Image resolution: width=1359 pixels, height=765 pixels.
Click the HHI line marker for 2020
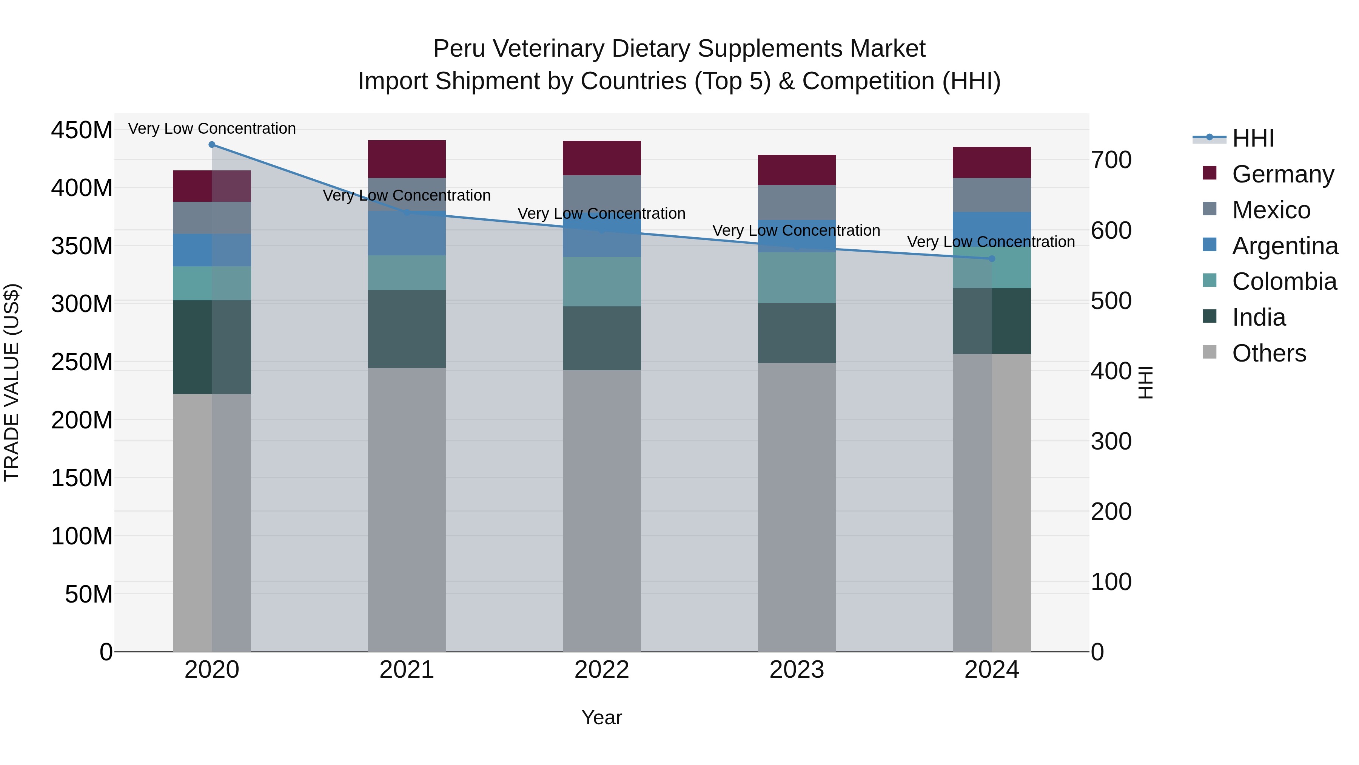[211, 144]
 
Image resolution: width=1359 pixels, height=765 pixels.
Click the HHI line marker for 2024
[991, 259]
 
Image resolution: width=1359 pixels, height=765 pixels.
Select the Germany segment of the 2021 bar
[406, 159]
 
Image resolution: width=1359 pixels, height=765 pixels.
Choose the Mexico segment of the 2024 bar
[991, 195]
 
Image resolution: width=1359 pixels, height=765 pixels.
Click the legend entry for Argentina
[1284, 246]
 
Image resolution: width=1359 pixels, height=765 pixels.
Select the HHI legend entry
[1253, 138]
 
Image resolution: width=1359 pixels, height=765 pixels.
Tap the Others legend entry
[1268, 353]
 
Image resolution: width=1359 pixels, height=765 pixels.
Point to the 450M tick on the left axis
[82, 130]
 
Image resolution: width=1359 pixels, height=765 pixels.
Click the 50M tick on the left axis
[89, 594]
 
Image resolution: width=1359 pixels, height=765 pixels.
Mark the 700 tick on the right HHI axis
[1111, 160]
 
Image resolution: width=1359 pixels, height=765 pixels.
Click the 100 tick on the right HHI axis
[1111, 582]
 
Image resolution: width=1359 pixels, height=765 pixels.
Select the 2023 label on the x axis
[797, 670]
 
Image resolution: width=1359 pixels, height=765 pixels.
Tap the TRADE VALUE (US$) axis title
[12, 382]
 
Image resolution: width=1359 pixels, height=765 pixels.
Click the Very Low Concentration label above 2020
[211, 128]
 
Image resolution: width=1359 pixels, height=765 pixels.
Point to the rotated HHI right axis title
[1145, 382]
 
